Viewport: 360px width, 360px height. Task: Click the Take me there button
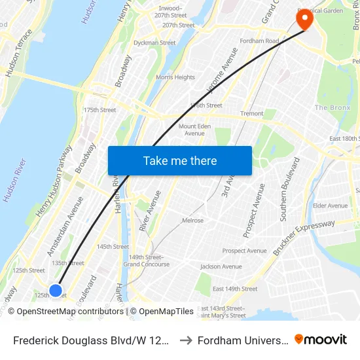180,160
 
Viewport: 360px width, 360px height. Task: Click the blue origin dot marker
56,290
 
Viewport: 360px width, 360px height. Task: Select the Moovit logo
321,339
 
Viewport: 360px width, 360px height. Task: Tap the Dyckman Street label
154,43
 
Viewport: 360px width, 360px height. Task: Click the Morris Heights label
175,77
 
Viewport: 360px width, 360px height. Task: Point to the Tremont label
252,113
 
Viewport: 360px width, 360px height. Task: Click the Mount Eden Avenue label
194,130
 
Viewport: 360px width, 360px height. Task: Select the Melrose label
192,221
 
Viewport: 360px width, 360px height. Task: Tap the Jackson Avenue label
221,266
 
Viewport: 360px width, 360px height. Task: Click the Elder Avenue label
330,206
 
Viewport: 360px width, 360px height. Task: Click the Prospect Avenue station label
244,251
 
